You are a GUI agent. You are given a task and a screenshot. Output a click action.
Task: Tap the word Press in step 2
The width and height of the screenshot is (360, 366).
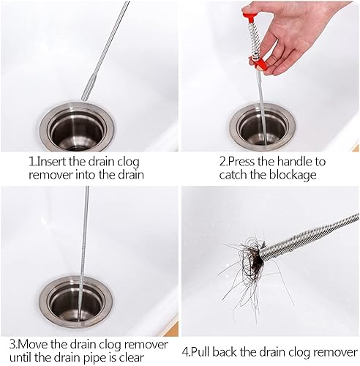click(x=241, y=162)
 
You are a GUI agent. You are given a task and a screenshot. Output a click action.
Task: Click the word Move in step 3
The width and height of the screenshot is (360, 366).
click(x=33, y=345)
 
